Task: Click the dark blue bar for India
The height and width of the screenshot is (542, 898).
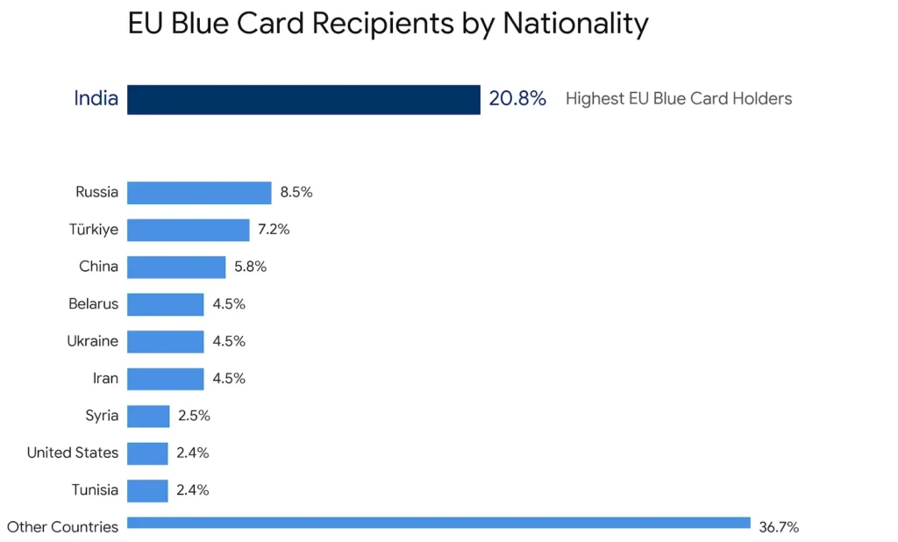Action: (x=303, y=99)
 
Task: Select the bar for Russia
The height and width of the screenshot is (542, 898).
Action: (x=199, y=193)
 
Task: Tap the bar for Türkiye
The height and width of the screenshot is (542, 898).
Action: (x=189, y=230)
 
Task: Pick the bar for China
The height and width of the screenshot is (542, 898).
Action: (x=176, y=267)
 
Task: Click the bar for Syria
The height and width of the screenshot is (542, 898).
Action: (x=148, y=416)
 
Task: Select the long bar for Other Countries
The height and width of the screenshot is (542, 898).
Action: (x=438, y=523)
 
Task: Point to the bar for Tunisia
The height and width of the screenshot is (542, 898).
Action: (x=147, y=490)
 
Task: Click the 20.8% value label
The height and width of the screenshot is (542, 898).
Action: (x=517, y=99)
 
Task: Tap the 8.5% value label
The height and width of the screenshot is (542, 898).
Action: (x=296, y=193)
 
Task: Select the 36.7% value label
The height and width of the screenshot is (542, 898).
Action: (x=779, y=527)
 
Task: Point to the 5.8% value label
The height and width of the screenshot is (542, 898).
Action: (x=250, y=267)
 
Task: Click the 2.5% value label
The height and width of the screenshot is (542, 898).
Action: (x=194, y=416)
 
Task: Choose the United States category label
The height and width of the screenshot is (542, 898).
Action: (x=73, y=453)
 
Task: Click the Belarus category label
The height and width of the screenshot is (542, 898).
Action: (x=93, y=304)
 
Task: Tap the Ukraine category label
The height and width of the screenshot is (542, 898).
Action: (x=93, y=341)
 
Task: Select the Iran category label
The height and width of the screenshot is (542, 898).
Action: (x=105, y=378)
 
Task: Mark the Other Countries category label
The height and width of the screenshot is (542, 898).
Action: (x=62, y=527)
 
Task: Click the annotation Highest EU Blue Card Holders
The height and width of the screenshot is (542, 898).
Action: (x=679, y=99)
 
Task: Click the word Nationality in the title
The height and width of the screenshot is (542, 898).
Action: (x=575, y=24)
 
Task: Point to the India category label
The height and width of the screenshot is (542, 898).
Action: (x=96, y=98)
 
